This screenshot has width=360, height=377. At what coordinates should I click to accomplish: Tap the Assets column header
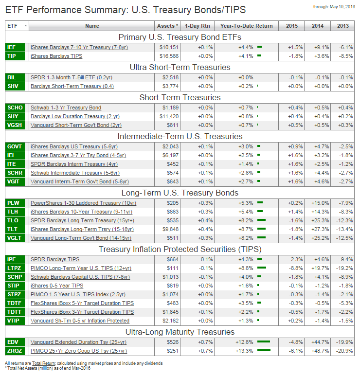point(168,26)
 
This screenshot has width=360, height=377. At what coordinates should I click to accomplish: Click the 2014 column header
point(317,26)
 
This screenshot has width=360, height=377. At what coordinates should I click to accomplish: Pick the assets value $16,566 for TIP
point(169,56)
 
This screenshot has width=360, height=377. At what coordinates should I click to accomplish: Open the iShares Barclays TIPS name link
point(56,56)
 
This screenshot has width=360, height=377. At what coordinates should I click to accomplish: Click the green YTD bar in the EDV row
point(264,341)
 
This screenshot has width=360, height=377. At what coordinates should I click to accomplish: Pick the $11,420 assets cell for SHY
point(169,116)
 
